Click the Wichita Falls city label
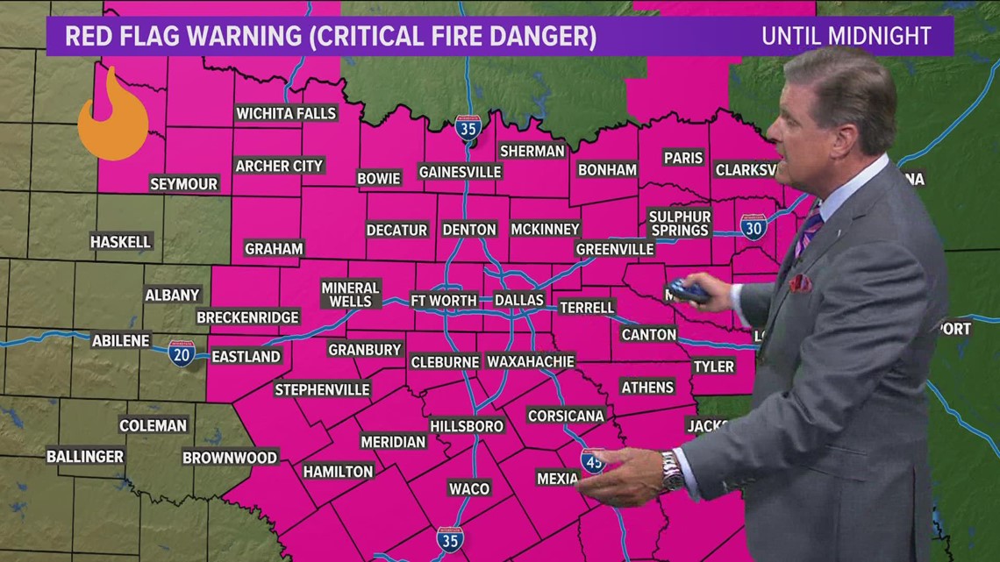[x=286, y=113]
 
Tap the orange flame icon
[x=112, y=118]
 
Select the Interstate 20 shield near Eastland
[x=182, y=354]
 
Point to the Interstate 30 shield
[x=753, y=227]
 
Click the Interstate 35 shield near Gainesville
[x=468, y=129]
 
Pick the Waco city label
[x=469, y=488]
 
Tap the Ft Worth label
[x=444, y=300]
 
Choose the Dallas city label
[x=519, y=300]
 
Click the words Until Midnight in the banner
[x=846, y=36]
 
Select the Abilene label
[x=121, y=340]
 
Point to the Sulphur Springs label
[x=680, y=223]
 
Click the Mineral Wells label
[x=350, y=294]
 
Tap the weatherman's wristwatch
[x=672, y=470]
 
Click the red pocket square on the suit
[x=799, y=283]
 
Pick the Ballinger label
[x=85, y=456]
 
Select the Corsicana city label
[x=566, y=416]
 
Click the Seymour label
[x=184, y=184]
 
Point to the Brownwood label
[x=230, y=457]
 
